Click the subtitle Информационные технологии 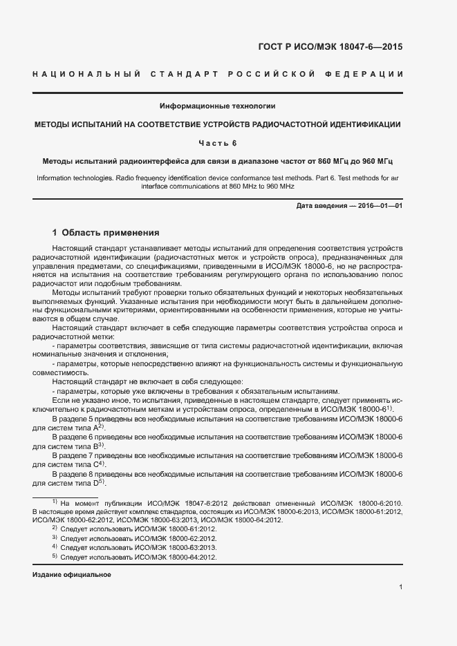(218, 106)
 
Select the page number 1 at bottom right (401, 587)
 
